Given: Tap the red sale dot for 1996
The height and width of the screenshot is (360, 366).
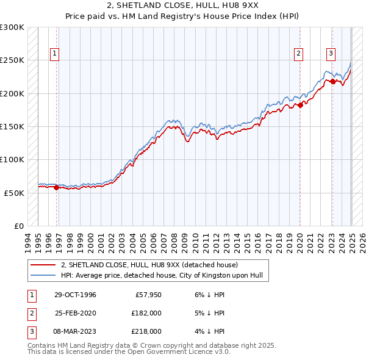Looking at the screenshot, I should [x=57, y=188].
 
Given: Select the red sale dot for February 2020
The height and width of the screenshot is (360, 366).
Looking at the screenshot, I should [x=300, y=106].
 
